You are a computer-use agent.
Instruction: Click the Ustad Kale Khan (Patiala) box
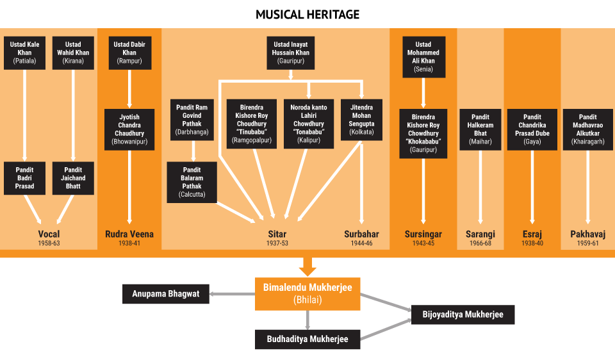[24, 53]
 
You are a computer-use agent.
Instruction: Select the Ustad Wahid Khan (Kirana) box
[73, 53]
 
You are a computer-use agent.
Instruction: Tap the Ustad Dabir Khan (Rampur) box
[129, 53]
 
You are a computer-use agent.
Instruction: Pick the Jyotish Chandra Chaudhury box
[129, 129]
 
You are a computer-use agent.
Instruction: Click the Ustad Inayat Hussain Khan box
[291, 53]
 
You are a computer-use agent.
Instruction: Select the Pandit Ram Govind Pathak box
[193, 120]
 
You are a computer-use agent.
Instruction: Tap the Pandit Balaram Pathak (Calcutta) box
[192, 182]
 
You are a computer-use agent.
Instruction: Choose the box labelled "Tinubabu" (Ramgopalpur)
[252, 124]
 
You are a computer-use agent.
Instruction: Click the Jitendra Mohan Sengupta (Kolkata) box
[362, 120]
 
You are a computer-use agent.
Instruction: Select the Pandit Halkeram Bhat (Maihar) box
[480, 129]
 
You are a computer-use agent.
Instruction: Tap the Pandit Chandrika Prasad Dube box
[532, 129]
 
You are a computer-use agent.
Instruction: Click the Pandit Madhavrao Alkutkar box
[587, 129]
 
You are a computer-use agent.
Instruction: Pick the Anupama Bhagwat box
[166, 295]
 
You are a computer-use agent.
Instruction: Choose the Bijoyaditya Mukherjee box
[463, 315]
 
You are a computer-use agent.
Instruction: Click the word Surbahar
[361, 234]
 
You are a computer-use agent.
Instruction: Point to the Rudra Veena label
[129, 234]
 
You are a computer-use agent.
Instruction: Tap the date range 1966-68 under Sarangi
[480, 244]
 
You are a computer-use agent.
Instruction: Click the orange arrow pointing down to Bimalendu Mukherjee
[308, 265]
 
